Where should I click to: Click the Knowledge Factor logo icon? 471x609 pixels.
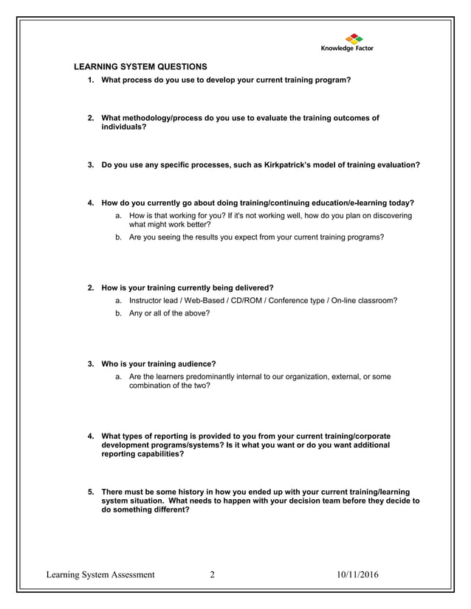(x=354, y=38)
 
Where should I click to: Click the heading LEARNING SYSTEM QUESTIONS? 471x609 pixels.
(x=141, y=67)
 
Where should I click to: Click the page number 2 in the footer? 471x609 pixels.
(x=212, y=575)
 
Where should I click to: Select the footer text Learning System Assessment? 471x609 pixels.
(x=100, y=575)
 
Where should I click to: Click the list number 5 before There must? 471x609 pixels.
(x=91, y=491)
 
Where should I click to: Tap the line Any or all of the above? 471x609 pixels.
(x=169, y=313)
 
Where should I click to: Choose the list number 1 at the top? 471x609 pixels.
(x=91, y=80)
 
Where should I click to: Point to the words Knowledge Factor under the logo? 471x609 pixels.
(x=347, y=49)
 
